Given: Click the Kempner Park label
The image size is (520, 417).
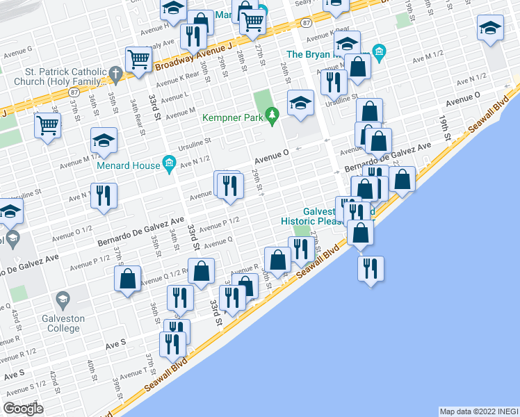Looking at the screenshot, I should coord(232,117).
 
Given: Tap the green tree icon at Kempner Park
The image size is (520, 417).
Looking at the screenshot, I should coord(273,113).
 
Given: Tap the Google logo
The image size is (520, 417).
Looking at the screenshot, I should coord(23,409).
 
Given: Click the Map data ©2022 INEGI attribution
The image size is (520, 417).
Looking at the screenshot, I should coord(478,411).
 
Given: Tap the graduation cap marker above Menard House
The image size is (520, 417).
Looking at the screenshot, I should coord(104,141).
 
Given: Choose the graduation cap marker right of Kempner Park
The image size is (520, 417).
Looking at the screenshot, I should coord(300,104).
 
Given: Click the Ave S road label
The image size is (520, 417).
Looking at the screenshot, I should coord(115,343).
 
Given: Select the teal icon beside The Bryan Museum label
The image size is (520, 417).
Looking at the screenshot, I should coord(379,51).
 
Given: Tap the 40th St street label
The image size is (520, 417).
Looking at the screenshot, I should coord(91,367).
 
